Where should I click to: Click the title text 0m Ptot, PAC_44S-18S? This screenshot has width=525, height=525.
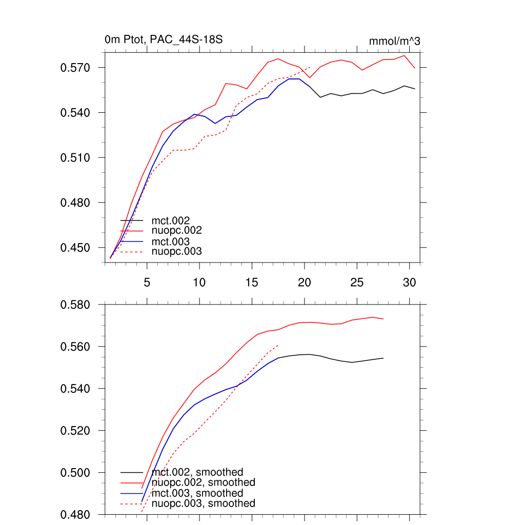tap(163, 39)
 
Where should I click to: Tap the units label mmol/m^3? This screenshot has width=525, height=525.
tap(394, 41)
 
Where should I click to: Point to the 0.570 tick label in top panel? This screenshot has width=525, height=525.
tap(76, 68)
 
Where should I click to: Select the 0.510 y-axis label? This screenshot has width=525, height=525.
tap(76, 157)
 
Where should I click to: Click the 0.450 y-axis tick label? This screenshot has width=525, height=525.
tap(76, 248)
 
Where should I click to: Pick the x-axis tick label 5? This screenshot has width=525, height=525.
tap(147, 282)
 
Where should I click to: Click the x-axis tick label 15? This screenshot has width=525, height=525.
tap(252, 282)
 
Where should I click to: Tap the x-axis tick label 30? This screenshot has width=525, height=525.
tap(409, 282)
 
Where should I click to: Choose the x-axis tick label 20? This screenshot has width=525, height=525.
tap(305, 282)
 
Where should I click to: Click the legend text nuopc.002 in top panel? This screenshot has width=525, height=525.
tap(180, 231)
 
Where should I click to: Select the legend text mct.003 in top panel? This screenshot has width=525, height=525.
tap(174, 241)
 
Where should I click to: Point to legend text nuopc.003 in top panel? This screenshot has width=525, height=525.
tap(180, 252)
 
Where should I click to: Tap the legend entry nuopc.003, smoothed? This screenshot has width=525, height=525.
tap(207, 503)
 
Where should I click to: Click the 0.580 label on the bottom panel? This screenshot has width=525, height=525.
tap(76, 305)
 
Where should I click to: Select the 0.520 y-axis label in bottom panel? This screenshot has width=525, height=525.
tap(76, 430)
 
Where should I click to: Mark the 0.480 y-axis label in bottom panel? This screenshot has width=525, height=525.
tap(76, 514)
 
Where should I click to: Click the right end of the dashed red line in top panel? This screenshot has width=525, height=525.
tap(311, 67)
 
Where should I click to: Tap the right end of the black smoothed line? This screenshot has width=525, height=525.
tap(383, 358)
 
